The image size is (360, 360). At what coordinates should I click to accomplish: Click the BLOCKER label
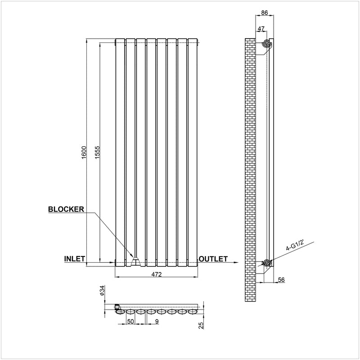click(x=66, y=209)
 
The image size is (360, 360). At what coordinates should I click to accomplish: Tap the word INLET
click(x=75, y=259)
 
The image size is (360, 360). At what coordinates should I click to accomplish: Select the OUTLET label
click(x=213, y=259)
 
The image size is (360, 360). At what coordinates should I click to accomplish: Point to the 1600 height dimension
click(x=84, y=152)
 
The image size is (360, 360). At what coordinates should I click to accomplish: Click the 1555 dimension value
click(x=97, y=152)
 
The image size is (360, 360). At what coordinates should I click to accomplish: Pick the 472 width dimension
click(x=156, y=274)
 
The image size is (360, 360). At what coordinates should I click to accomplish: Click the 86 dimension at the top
click(x=265, y=13)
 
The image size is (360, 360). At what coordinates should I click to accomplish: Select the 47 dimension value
click(x=261, y=29)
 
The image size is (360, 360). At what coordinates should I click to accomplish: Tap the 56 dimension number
click(x=281, y=279)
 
